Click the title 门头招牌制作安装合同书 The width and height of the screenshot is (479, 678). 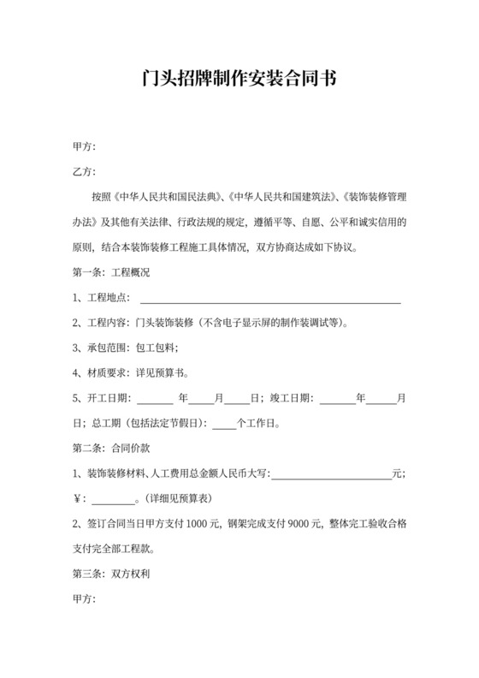tap(239, 80)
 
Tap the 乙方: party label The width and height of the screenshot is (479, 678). tap(84, 172)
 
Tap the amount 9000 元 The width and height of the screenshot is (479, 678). tap(303, 523)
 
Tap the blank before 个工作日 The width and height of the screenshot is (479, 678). tap(222, 423)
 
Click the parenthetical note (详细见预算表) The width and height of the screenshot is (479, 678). tap(178, 497)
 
